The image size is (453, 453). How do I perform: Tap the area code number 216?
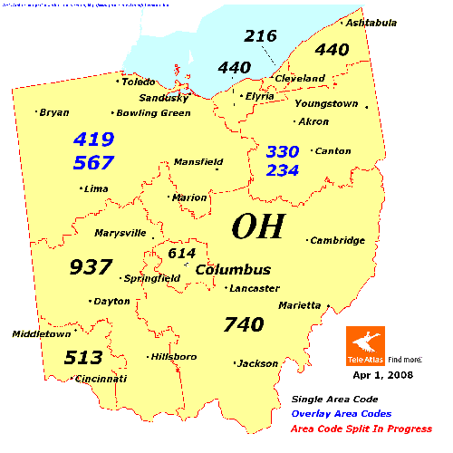click(x=260, y=36)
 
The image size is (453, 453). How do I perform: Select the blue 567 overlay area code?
click(x=93, y=162)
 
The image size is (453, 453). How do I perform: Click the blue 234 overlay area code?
click(x=284, y=169)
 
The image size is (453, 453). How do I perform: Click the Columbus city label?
click(x=233, y=270)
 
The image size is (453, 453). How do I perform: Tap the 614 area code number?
click(x=181, y=253)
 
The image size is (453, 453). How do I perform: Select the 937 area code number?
click(x=91, y=267)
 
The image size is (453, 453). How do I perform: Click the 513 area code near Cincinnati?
click(x=82, y=357)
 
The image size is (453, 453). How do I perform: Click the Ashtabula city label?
click(x=372, y=23)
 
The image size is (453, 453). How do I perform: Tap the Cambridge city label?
click(x=337, y=240)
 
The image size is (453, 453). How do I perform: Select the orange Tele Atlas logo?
click(x=365, y=346)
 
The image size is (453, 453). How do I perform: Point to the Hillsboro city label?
click(x=173, y=356)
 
